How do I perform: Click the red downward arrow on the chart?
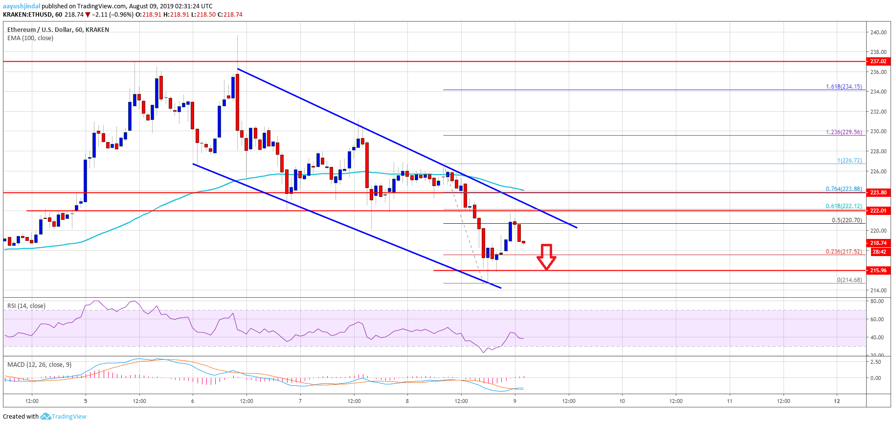click(546, 257)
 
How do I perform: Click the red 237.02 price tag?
click(878, 61)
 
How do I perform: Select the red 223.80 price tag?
click(878, 192)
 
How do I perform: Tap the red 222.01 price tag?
click(878, 211)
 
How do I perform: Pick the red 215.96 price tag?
click(878, 270)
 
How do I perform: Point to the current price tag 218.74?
click(878, 243)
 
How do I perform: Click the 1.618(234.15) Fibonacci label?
click(844, 87)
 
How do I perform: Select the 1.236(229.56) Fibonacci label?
click(844, 132)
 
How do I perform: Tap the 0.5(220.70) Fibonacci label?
click(847, 220)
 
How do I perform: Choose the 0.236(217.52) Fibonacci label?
click(844, 252)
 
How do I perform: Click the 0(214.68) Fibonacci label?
click(849, 280)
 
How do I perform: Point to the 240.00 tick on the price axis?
click(878, 32)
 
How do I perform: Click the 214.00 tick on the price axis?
click(878, 290)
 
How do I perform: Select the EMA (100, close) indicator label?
click(30, 38)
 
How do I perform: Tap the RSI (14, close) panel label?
click(26, 306)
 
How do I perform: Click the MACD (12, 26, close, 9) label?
click(39, 365)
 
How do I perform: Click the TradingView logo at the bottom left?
click(64, 417)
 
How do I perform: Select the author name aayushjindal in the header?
click(22, 6)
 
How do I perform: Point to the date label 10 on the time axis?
click(622, 401)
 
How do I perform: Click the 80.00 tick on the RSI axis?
click(877, 301)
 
